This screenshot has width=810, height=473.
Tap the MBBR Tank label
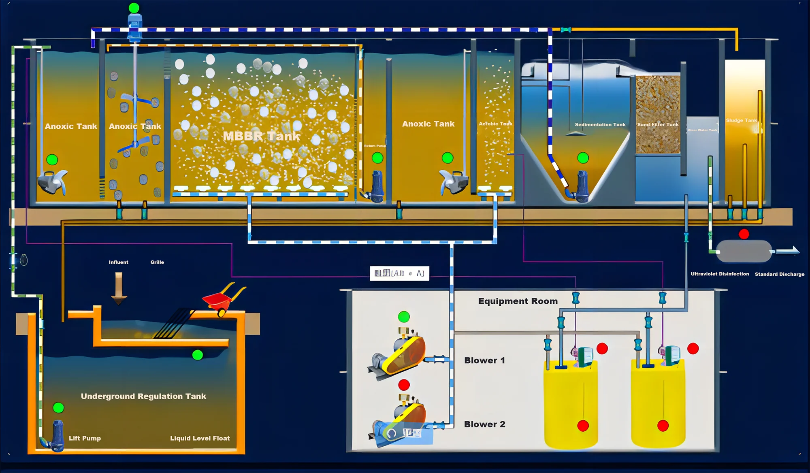pyautogui.click(x=261, y=136)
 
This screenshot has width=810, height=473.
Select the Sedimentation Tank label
pyautogui.click(x=600, y=125)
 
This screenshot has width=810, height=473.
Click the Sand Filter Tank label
pyautogui.click(x=658, y=125)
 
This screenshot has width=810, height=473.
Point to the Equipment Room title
pyautogui.click(x=518, y=301)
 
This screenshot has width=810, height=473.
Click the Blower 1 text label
pyautogui.click(x=484, y=360)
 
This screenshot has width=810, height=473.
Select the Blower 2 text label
pyautogui.click(x=484, y=424)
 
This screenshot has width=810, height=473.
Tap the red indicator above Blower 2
pyautogui.click(x=404, y=385)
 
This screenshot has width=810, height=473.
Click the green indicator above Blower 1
pyautogui.click(x=404, y=317)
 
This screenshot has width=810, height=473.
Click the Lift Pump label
pyautogui.click(x=85, y=438)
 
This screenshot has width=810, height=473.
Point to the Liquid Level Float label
pyautogui.click(x=200, y=438)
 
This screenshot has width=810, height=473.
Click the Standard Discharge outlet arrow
pyautogui.click(x=788, y=251)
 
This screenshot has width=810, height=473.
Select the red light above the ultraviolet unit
pyautogui.click(x=744, y=234)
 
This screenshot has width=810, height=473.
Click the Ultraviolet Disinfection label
pyautogui.click(x=720, y=274)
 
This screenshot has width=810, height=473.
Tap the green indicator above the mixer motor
pyautogui.click(x=134, y=8)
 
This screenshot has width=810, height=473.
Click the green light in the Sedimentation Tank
pyautogui.click(x=583, y=158)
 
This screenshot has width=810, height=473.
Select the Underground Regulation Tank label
pyautogui.click(x=143, y=396)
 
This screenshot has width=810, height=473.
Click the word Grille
pyautogui.click(x=157, y=262)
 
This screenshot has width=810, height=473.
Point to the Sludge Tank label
pyautogui.click(x=741, y=120)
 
